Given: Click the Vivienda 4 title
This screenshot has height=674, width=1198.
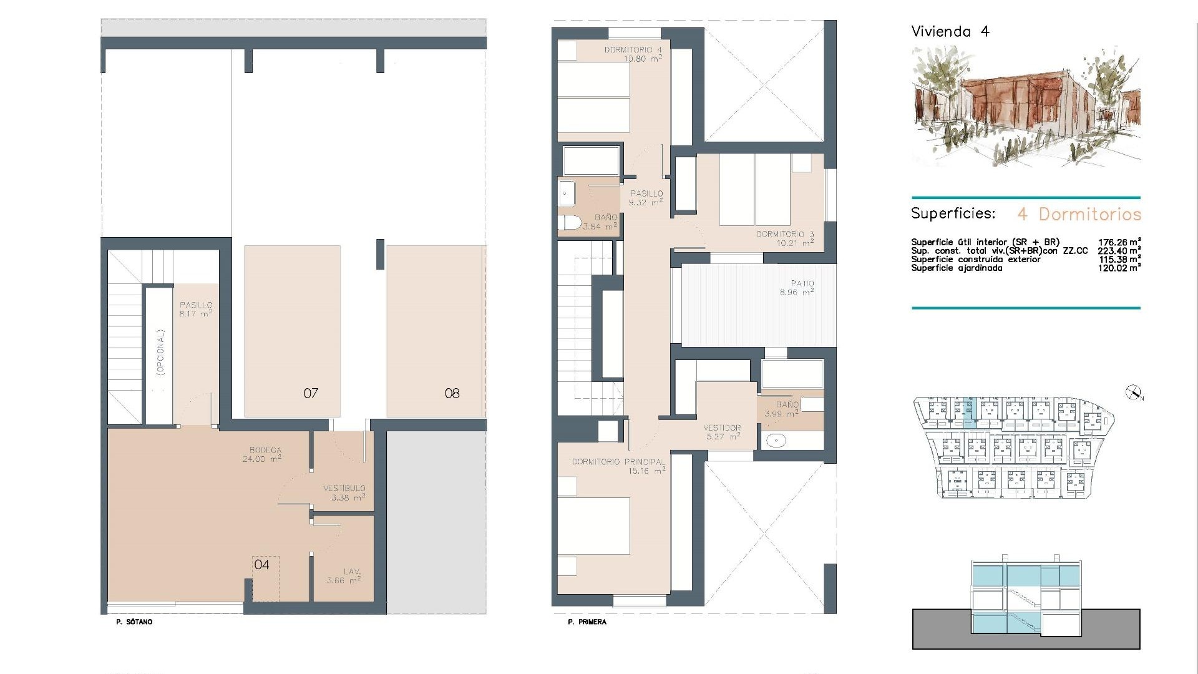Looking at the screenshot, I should click(x=950, y=32).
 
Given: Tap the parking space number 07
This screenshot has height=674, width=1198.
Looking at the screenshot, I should click(x=311, y=393).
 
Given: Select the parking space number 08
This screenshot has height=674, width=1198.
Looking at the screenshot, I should click(x=452, y=393).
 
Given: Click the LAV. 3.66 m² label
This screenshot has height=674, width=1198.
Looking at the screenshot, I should click(x=344, y=576).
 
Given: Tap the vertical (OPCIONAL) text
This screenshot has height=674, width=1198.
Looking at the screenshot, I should click(x=161, y=353).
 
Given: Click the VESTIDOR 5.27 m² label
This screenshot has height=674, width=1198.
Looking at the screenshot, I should click(x=722, y=432).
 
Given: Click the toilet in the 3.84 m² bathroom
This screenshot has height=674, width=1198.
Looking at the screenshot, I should click(x=568, y=223).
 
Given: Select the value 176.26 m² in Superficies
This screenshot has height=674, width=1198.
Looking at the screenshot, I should click(x=1119, y=242).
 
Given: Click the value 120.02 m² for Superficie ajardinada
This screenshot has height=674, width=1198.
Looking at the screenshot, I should click(x=1119, y=268).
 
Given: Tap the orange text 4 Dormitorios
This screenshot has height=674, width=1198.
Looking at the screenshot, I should click(x=1079, y=214).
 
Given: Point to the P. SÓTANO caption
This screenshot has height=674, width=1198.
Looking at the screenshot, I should click(x=134, y=622).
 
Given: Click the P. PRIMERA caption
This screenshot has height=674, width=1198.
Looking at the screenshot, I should click(x=587, y=622).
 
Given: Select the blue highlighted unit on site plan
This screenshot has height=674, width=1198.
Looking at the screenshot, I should click(x=967, y=413).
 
